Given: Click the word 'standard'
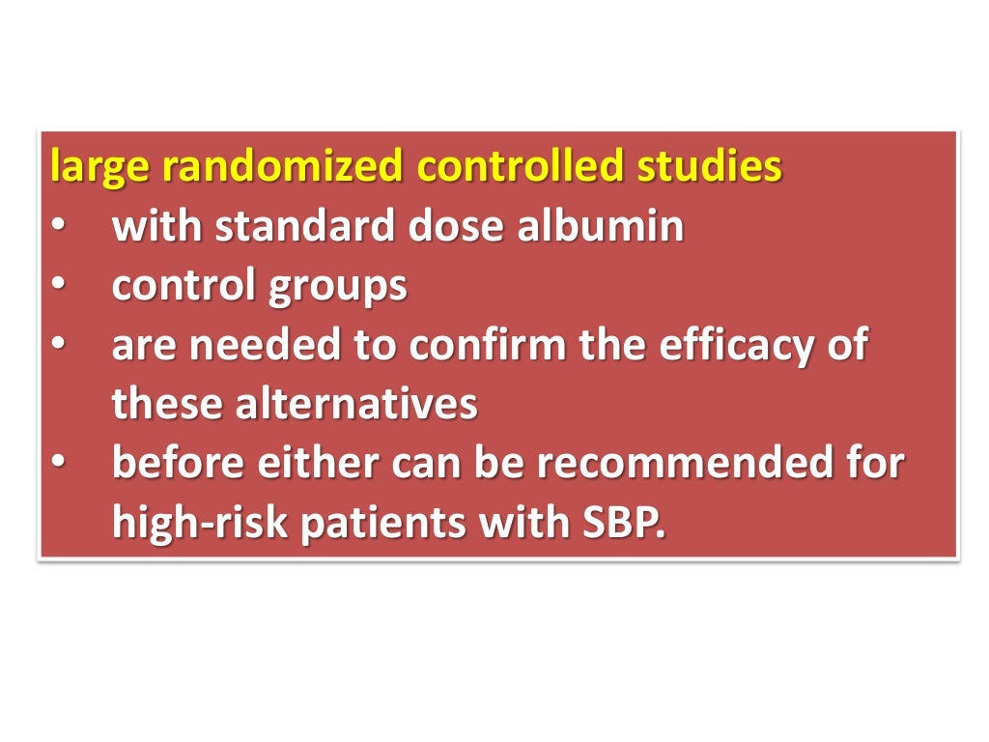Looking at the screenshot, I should click(x=297, y=226).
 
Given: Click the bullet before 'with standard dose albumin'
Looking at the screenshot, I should click(x=59, y=228).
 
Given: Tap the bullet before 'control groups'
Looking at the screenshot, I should click(x=59, y=287).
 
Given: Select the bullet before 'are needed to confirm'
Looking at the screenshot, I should click(x=59, y=346).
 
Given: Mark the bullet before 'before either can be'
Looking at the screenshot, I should click(x=59, y=465).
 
